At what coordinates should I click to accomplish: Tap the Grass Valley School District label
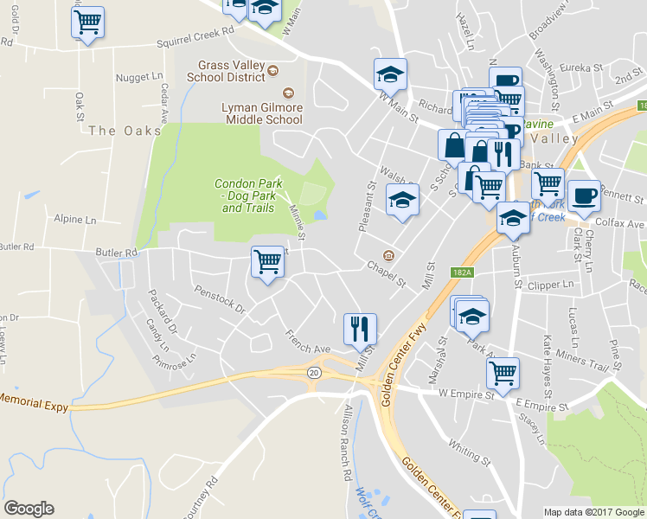(x=230, y=71)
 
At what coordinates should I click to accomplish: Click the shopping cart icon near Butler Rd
(x=267, y=262)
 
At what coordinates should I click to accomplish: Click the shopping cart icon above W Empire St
(x=502, y=374)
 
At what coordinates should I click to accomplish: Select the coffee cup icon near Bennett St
(x=583, y=195)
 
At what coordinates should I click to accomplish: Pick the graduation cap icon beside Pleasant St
(x=400, y=201)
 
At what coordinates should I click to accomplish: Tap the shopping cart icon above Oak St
(x=87, y=23)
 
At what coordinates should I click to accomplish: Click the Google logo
(x=29, y=509)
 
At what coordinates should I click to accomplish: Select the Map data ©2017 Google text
(x=593, y=512)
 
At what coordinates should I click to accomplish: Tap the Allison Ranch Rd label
(x=347, y=442)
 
